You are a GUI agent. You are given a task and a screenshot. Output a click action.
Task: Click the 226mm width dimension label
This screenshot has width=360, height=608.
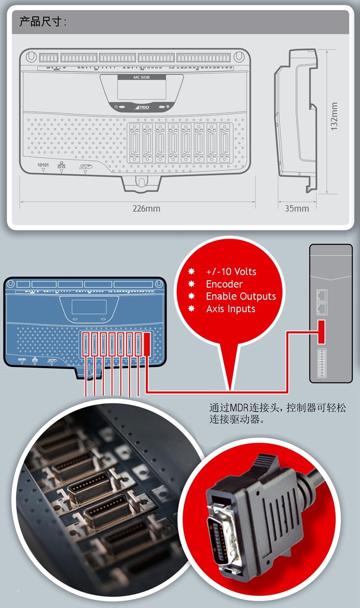pos(146,208)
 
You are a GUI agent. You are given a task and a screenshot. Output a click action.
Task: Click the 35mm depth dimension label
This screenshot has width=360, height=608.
pos(297,208)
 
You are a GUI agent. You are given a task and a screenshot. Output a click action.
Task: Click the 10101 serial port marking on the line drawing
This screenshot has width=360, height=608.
pos(43,165)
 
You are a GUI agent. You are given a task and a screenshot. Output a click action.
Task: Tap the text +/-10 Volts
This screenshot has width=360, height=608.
pos(231,272)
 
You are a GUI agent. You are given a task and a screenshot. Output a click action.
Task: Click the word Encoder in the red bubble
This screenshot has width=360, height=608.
pos(224,284)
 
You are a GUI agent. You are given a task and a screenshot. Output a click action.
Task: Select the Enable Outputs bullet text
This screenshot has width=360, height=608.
pos(241,297)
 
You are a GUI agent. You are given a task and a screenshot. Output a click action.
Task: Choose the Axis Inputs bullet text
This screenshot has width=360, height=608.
pos(230,309)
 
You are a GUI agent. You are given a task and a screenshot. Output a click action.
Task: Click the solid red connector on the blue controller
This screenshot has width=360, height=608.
pos(147,344)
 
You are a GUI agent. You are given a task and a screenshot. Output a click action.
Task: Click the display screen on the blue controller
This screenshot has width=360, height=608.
pos(89,306)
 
